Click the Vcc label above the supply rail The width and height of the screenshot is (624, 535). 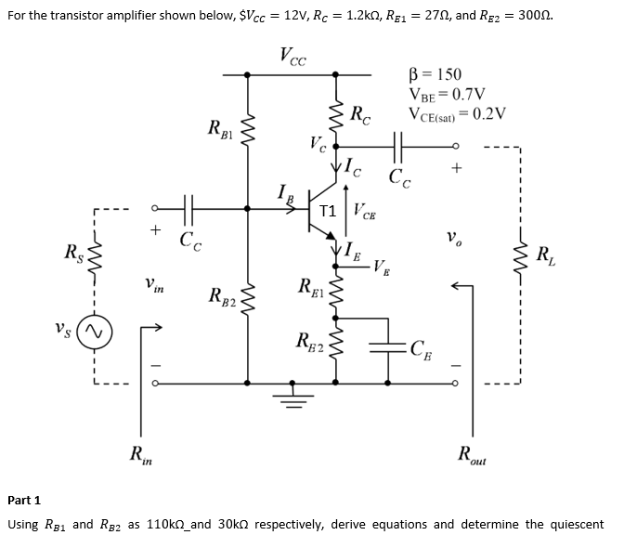[292, 55]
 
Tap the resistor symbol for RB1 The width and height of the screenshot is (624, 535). [247, 130]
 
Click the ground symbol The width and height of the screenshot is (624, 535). [293, 396]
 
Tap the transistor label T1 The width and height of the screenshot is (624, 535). [326, 211]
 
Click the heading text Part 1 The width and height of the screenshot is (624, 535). [24, 500]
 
